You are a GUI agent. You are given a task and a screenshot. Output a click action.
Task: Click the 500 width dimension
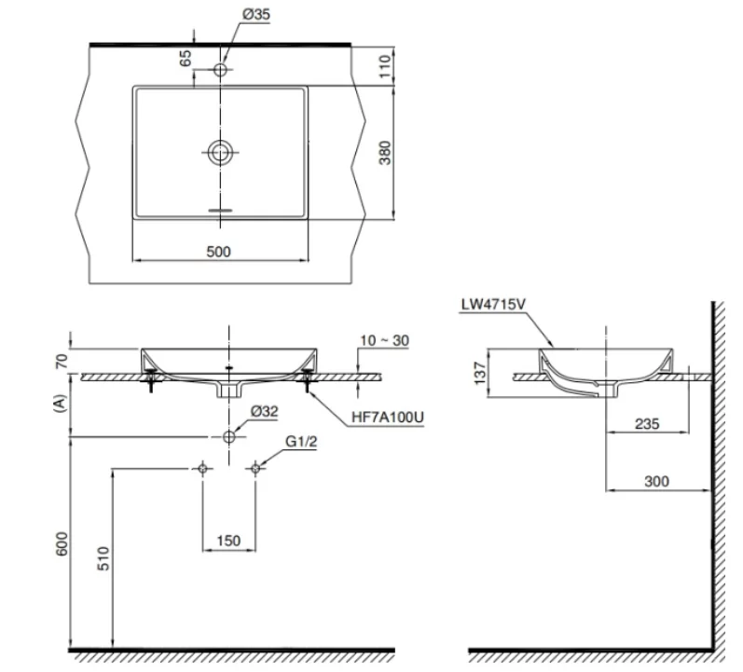coord(218,251)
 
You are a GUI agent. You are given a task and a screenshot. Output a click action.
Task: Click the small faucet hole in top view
coord(221,70)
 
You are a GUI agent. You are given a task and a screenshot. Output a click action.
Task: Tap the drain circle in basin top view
coord(221,152)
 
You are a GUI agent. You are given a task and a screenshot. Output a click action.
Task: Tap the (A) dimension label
coord(62,404)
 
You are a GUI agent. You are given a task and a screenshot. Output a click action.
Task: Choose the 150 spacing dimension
coord(228,540)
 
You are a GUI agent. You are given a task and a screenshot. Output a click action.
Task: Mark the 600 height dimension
coord(62,545)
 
